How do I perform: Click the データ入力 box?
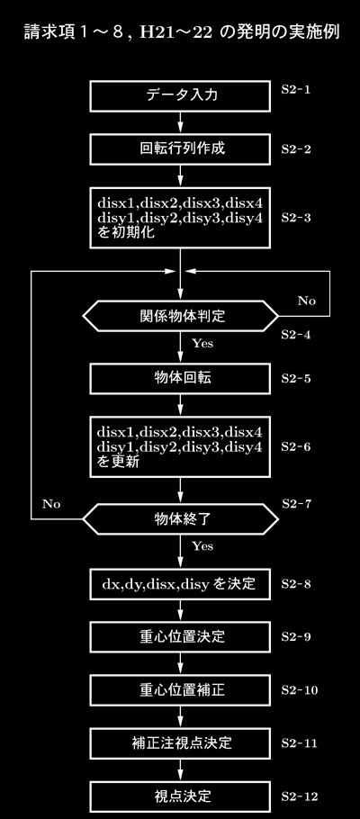tap(180, 96)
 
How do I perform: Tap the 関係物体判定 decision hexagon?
tap(180, 316)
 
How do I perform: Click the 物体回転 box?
tap(180, 378)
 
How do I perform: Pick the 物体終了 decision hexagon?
tap(180, 519)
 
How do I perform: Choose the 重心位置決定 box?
tap(180, 636)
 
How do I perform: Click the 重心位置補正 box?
tap(180, 690)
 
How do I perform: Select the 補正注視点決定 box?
tap(180, 742)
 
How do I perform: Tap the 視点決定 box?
tap(180, 796)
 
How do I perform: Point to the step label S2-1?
tap(296, 89)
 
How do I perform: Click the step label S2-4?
tap(296, 335)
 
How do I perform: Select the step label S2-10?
tap(299, 690)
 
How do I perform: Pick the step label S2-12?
tap(299, 796)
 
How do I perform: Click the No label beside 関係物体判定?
tap(307, 301)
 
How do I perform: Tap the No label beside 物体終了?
tap(51, 504)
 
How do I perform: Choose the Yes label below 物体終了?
tap(202, 546)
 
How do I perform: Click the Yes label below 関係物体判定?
tap(202, 343)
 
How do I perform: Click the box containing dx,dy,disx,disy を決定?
tap(180, 583)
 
